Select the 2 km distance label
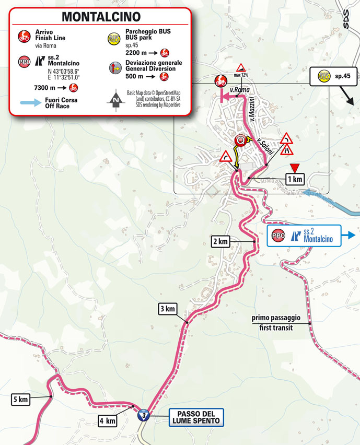(x=220, y=241)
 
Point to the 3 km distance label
(x=167, y=309)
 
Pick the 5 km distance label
(x=20, y=400)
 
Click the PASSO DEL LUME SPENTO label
(x=196, y=416)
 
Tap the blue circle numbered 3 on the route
(x=142, y=416)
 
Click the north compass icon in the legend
(x=114, y=99)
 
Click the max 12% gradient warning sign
(x=241, y=68)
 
